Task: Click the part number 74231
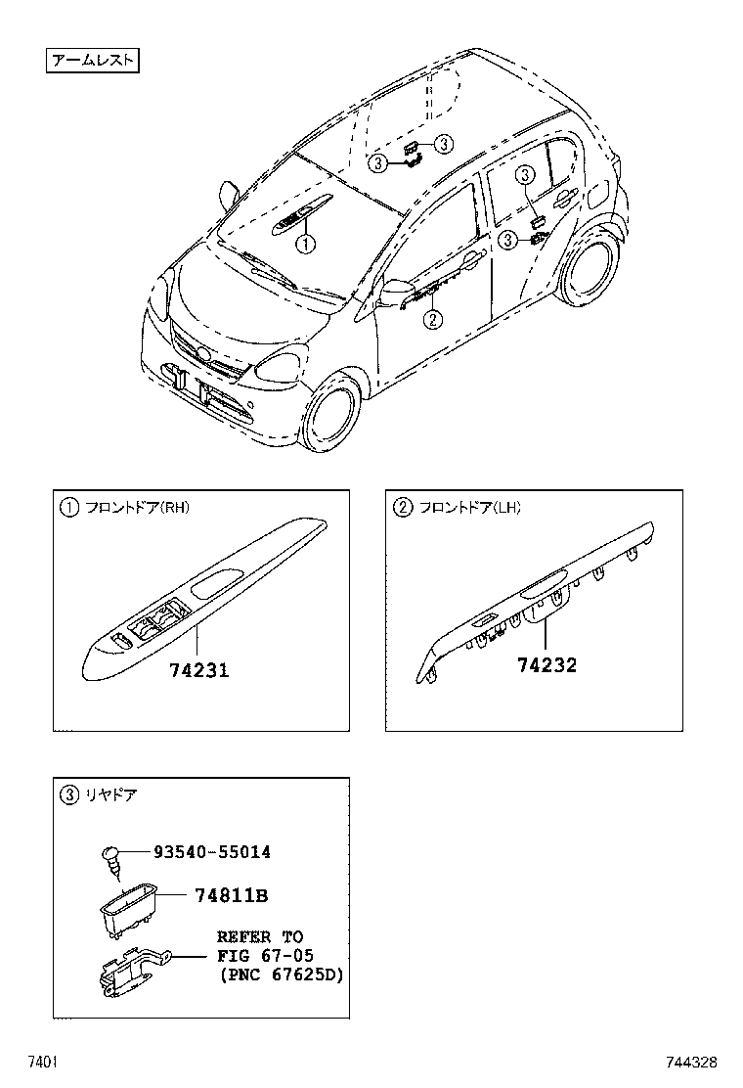point(198,670)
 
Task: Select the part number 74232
point(546,665)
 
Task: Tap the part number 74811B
point(231,895)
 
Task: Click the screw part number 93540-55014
point(211,852)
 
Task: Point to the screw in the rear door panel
point(110,858)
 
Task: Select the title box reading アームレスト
point(93,61)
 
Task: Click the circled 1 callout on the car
point(306,244)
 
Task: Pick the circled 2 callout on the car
point(432,317)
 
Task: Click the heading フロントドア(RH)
point(137,507)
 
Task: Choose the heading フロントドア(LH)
point(469,507)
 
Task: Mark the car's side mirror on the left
point(230,193)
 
